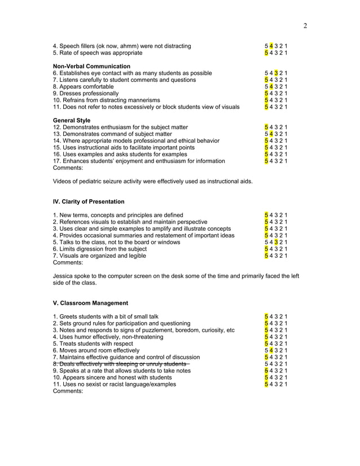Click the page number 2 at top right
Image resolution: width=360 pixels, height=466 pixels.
click(305, 25)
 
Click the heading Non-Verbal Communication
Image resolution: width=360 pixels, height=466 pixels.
click(91, 67)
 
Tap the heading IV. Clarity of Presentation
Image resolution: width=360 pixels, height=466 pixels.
click(89, 201)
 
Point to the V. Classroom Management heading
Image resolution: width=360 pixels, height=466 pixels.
click(90, 303)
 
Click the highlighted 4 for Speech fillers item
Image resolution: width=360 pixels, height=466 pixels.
click(271, 46)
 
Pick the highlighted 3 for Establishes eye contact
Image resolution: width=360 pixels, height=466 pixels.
click(276, 73)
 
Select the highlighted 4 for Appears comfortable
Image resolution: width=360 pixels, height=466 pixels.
click(271, 87)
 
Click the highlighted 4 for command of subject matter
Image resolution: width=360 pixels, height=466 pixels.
click(271, 134)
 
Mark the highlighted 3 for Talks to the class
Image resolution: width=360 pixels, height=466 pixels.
click(276, 242)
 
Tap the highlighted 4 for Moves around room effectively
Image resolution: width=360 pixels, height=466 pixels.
click(271, 350)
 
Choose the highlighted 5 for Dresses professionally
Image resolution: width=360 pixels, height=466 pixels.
click(266, 94)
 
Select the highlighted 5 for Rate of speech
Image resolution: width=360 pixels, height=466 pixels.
click(266, 53)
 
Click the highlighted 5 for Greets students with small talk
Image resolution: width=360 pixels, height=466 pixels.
click(266, 316)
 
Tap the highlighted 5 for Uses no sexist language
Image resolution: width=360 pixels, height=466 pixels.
click(266, 384)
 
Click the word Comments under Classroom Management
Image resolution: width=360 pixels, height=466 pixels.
click(68, 391)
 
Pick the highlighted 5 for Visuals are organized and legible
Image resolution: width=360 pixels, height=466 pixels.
click(266, 256)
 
